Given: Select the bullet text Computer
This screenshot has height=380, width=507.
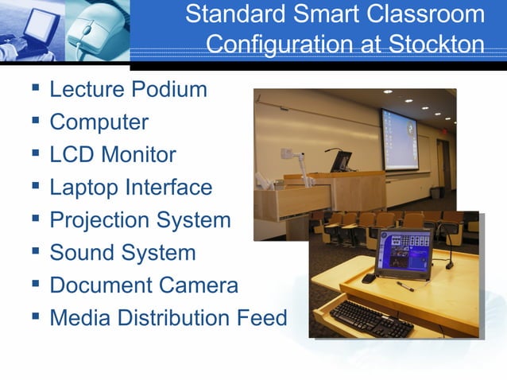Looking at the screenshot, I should click(99, 122).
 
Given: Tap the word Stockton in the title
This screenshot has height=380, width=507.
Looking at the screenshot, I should click(436, 43).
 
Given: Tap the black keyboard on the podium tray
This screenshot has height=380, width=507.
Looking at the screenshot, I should click(370, 318).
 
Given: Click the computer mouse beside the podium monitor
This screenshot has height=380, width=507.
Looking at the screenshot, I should click(368, 278).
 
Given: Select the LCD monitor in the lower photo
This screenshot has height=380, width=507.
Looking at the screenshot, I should click(403, 253).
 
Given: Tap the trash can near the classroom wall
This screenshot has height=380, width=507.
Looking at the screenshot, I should click(435, 192).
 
